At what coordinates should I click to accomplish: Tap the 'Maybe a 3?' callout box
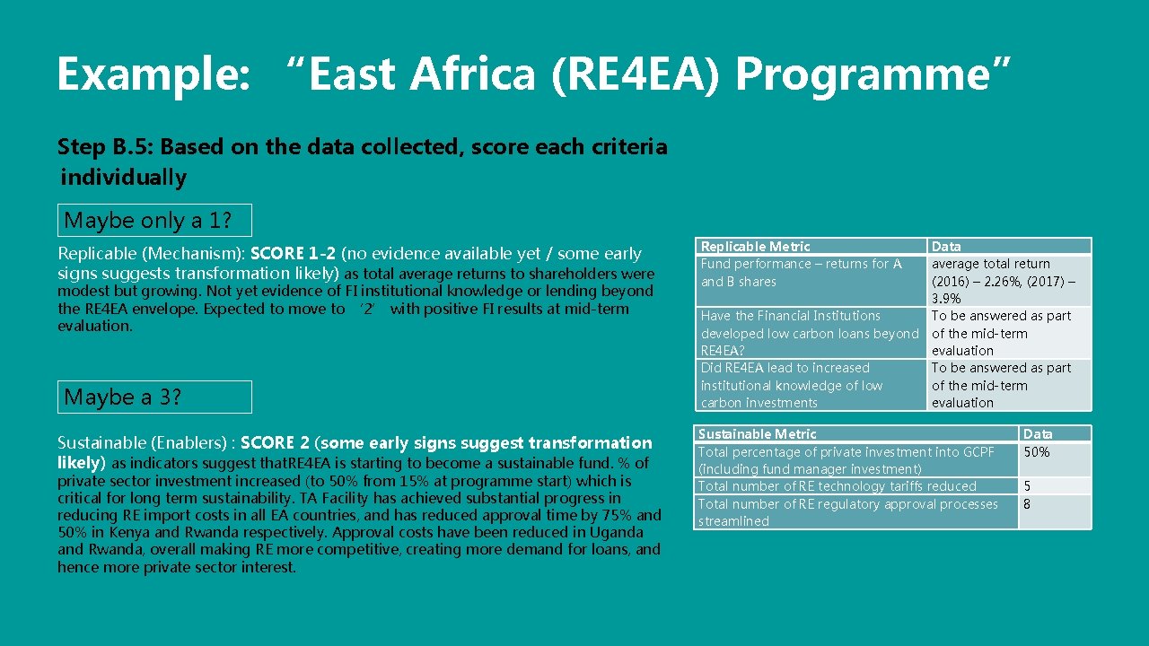click(154, 397)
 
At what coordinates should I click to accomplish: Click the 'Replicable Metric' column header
click(755, 246)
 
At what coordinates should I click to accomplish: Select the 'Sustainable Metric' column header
click(757, 433)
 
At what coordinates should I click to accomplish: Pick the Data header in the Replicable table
click(945, 246)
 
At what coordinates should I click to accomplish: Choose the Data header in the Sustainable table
click(1037, 433)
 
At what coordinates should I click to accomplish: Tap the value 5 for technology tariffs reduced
click(1027, 486)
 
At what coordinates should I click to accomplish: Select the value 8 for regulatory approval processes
click(1027, 504)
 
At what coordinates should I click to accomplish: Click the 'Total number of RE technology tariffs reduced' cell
click(837, 486)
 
